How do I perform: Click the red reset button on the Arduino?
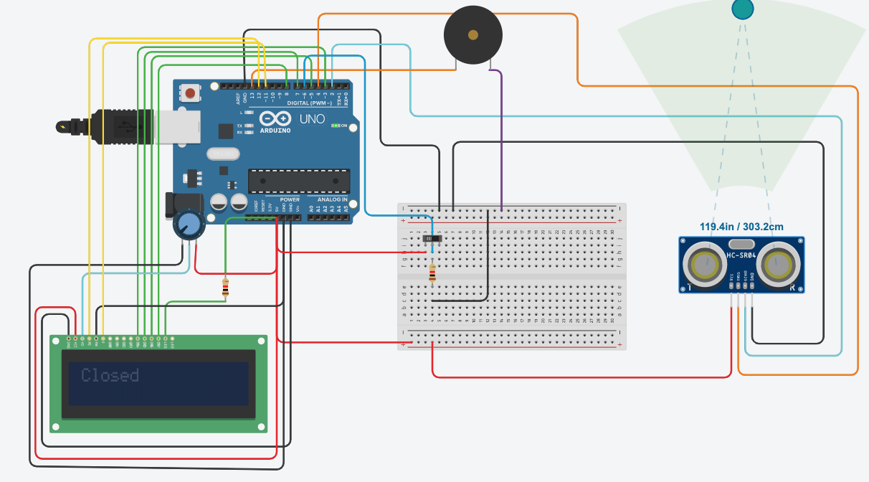point(191,93)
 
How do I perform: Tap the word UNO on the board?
point(313,119)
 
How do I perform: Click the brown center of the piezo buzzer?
point(473,34)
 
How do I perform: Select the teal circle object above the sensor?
point(742,9)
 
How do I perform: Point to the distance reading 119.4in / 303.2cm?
point(741,226)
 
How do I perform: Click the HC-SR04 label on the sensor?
point(741,256)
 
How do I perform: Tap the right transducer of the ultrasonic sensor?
point(780,265)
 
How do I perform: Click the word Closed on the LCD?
point(110,375)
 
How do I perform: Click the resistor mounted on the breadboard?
point(432,273)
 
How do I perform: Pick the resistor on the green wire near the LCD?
point(226,288)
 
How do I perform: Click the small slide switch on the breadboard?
point(430,239)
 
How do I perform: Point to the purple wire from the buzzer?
point(501,143)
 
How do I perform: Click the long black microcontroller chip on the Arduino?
point(298,181)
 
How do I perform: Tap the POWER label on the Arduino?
point(290,199)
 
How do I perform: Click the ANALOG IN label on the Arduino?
point(333,199)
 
